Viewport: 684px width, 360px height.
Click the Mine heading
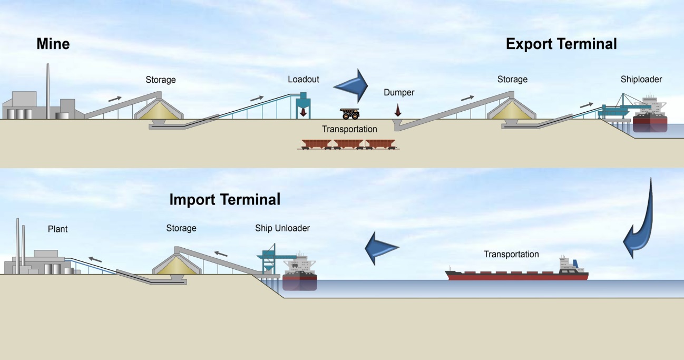53,44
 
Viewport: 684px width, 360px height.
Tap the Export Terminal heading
561,44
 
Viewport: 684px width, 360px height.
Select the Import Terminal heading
224,200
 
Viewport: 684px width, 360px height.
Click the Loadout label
303,80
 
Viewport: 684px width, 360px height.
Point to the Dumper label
399,92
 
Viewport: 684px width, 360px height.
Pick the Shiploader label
641,80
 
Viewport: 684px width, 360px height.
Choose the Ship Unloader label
282,228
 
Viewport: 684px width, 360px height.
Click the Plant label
57,229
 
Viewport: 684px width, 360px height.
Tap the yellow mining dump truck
350,113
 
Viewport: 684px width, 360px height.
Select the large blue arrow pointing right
353,85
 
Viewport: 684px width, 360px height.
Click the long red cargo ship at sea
516,273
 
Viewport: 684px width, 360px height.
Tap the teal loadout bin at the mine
302,103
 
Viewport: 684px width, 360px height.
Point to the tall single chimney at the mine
47,90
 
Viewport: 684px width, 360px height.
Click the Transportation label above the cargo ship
511,255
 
